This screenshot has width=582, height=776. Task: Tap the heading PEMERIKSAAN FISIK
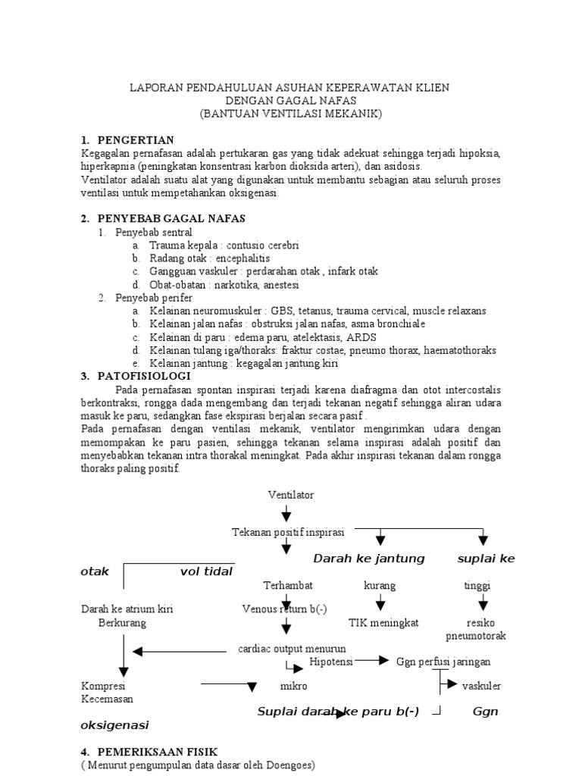157,751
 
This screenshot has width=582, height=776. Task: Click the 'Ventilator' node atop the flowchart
290,495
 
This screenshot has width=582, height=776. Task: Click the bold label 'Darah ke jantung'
369,559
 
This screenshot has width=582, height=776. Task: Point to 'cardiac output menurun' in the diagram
292,649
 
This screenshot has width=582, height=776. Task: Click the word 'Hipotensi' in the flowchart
330,662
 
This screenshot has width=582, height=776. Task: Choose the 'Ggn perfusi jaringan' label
443,662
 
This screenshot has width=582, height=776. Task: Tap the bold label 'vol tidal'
206,571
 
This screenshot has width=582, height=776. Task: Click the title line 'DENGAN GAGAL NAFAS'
291,101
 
